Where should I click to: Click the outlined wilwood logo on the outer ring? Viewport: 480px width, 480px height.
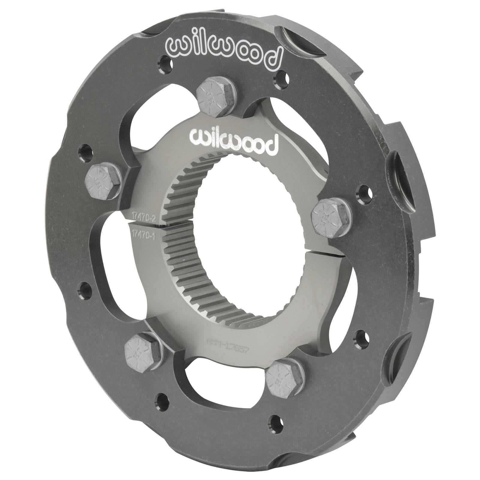223,52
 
